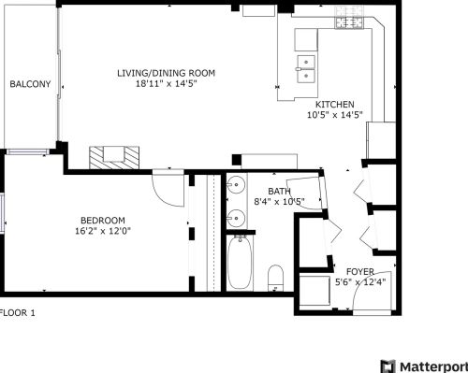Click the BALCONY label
[30, 84]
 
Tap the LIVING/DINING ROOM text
[167, 72]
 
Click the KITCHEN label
[334, 104]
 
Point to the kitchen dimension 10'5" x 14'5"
[334, 115]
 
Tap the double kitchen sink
[306, 65]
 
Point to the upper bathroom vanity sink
[236, 185]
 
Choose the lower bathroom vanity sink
[236, 217]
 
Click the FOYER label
[359, 271]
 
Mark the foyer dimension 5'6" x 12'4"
[359, 281]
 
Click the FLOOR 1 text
[17, 313]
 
